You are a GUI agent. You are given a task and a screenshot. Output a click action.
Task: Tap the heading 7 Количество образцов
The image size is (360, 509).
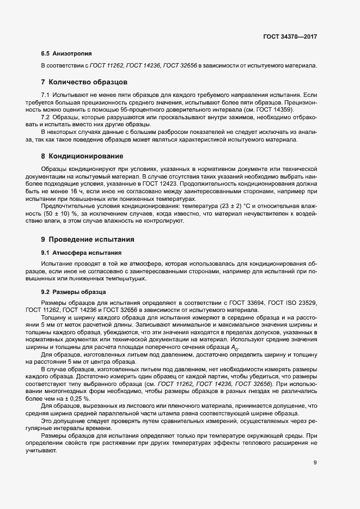[84, 83]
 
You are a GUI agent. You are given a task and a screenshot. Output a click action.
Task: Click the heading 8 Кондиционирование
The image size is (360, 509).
[82, 156]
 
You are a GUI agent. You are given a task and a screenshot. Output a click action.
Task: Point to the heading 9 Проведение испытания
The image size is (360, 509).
[87, 240]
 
